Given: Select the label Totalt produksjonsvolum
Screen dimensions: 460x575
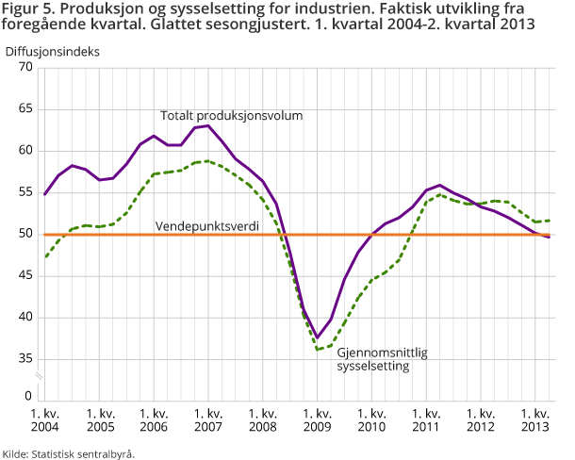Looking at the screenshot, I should point(231,116).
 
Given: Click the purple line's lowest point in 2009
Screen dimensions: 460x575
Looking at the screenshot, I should point(318,337).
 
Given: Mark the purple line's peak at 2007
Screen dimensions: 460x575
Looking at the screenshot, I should point(208,125).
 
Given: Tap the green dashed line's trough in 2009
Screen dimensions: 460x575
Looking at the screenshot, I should point(318,350).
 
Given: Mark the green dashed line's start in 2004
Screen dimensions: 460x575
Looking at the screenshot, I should point(45,256).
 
